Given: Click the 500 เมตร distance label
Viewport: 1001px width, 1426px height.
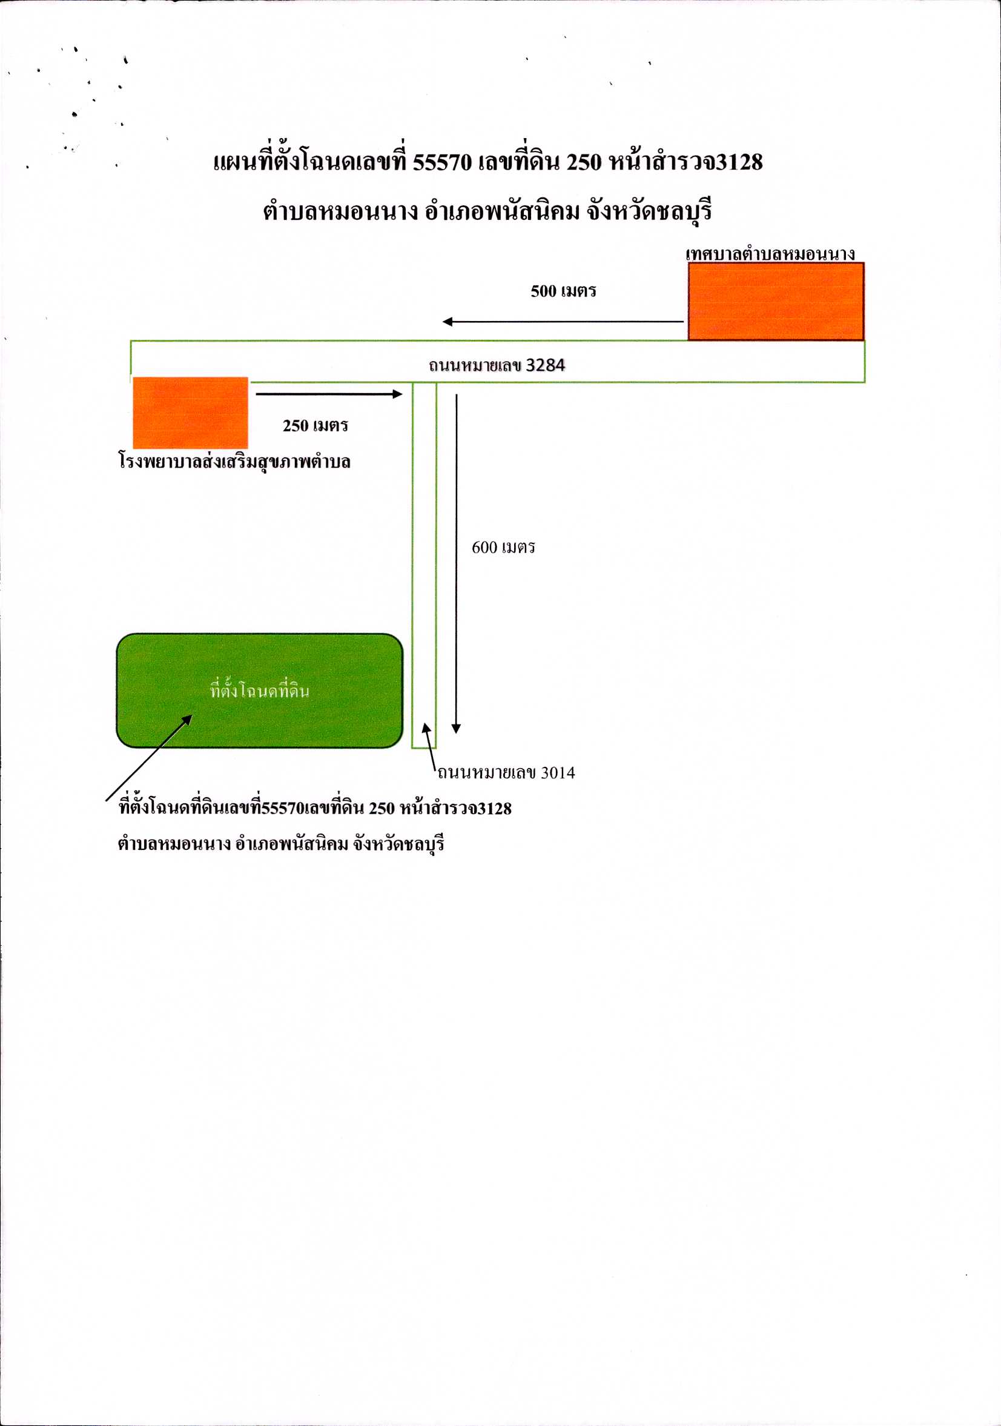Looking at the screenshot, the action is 563,291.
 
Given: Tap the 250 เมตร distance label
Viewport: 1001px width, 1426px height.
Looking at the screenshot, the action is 315,426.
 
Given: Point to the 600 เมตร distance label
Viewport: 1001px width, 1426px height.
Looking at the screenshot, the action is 504,548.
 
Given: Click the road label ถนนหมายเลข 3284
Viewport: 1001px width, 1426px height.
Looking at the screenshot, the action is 497,365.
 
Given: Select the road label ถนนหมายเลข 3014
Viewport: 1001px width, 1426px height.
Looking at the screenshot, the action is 507,773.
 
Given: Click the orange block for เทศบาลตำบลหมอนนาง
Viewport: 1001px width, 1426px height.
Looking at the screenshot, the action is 776,301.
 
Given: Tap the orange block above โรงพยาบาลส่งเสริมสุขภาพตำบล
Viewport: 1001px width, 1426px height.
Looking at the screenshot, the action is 191,413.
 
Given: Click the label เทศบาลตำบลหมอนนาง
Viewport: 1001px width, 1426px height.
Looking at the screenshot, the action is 771,254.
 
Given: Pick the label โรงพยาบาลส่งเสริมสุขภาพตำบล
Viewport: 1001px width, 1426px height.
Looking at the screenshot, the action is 235,462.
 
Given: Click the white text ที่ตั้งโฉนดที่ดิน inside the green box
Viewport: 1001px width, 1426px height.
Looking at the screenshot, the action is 260,690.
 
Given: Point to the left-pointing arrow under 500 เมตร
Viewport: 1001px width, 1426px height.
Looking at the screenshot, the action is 563,322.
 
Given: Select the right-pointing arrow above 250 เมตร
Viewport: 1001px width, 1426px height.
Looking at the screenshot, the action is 329,394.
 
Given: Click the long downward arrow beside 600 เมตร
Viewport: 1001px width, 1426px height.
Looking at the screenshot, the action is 457,564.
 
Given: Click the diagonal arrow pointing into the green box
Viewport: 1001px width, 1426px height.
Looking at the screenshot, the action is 149,758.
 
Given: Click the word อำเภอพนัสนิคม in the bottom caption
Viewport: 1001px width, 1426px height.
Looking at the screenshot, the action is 292,844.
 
